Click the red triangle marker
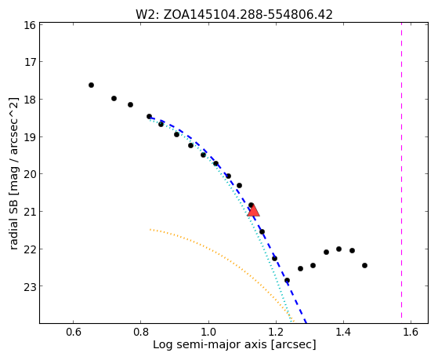[253, 211]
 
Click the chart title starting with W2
[234, 15]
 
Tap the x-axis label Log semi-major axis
[234, 344]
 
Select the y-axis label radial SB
[13, 173]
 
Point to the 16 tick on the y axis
[30, 25]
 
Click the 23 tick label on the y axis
[30, 287]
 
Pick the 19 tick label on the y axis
[30, 137]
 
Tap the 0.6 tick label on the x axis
[73, 332]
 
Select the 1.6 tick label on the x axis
[411, 332]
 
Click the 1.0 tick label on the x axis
[208, 332]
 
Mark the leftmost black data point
[91, 85]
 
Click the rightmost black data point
[364, 265]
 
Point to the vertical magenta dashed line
[402, 171]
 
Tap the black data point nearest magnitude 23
[287, 280]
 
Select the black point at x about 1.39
[338, 249]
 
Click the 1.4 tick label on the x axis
[343, 332]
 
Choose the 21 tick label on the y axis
[30, 212]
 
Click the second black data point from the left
[114, 99]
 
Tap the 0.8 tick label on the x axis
[141, 332]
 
